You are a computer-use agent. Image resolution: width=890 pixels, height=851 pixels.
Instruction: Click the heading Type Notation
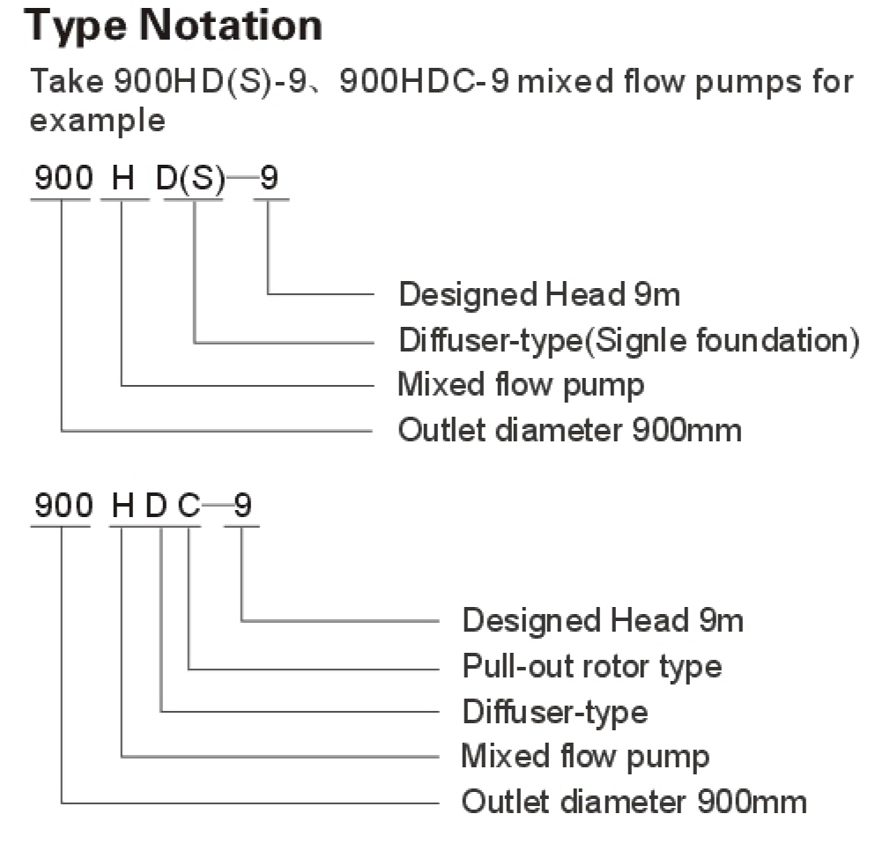point(174,27)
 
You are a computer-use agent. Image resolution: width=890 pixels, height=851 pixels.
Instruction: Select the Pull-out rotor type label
point(591,666)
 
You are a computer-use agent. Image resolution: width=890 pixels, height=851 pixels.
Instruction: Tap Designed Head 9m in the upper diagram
point(539,293)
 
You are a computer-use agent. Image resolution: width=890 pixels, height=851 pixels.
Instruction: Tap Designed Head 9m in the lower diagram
point(603,620)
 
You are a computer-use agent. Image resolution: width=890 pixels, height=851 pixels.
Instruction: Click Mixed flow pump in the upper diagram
point(521,385)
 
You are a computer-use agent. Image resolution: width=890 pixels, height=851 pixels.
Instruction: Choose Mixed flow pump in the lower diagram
point(585,757)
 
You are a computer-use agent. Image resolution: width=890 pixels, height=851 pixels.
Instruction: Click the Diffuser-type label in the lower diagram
point(554,711)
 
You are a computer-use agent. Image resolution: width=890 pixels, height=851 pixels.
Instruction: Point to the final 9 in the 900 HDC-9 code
point(241,507)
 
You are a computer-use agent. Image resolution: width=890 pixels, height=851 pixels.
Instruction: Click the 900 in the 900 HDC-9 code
point(63,507)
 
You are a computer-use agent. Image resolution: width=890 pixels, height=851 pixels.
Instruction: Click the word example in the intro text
point(97,119)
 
